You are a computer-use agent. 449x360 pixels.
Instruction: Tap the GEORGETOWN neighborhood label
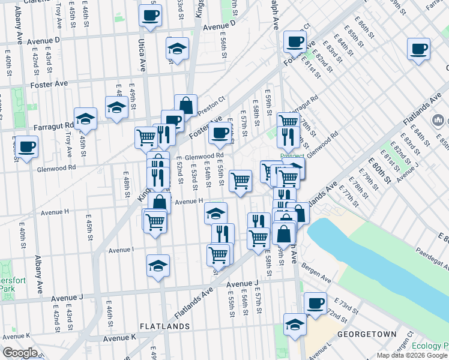tap(367, 334)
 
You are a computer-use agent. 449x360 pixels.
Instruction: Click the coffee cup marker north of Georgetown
tap(316, 304)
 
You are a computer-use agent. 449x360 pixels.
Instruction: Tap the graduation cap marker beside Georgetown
tap(295, 325)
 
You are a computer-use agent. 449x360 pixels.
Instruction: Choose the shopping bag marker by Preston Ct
tap(186, 106)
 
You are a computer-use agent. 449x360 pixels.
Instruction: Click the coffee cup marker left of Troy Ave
tap(26, 146)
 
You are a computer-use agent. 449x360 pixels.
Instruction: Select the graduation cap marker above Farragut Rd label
tap(86, 119)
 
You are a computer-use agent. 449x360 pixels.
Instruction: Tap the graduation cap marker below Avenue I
tap(158, 265)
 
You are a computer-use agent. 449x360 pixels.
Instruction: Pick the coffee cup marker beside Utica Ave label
tap(150, 15)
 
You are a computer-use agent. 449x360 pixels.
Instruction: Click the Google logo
tap(19, 353)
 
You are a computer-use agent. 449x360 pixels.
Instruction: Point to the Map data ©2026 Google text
tap(412, 355)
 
